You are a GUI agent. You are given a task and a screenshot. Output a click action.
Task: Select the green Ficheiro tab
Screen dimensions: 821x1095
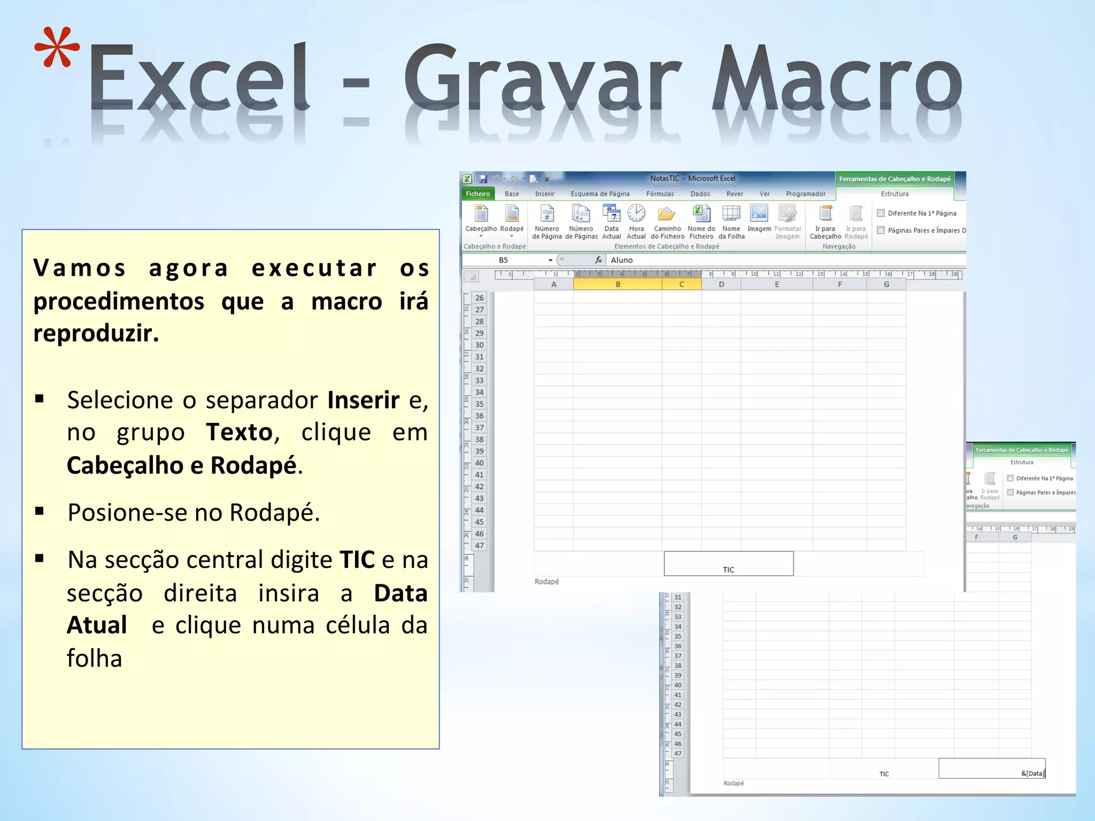coord(477,194)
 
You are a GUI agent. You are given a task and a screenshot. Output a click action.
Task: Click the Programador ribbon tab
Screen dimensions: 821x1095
coord(805,194)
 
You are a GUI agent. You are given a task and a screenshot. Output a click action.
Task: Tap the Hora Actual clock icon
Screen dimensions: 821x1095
coord(636,213)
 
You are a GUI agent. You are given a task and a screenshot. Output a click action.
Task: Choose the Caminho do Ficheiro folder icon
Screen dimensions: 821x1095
coord(667,214)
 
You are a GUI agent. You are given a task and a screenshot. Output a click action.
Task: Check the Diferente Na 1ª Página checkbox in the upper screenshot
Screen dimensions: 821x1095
coord(881,213)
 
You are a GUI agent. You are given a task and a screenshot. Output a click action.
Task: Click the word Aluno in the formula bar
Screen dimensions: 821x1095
coord(621,260)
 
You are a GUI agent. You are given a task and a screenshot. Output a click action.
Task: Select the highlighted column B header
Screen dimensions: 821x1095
coord(618,284)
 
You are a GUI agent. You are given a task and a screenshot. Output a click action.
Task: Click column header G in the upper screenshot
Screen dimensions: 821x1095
coord(886,284)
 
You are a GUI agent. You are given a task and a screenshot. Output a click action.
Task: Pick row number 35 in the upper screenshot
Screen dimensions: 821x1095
coord(479,404)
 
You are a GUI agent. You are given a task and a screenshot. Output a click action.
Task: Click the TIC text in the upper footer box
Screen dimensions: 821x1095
coord(728,570)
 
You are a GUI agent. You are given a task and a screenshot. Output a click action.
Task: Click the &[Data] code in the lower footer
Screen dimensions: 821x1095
coord(1032,773)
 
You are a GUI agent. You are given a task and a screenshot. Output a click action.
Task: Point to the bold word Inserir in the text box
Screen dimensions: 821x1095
coord(364,400)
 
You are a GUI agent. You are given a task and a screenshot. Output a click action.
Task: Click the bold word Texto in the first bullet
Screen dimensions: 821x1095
coord(240,432)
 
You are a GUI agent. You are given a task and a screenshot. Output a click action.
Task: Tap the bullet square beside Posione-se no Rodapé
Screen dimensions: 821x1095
coord(39,511)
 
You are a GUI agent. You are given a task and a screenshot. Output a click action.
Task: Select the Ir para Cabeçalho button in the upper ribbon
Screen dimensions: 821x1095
coord(825,219)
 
